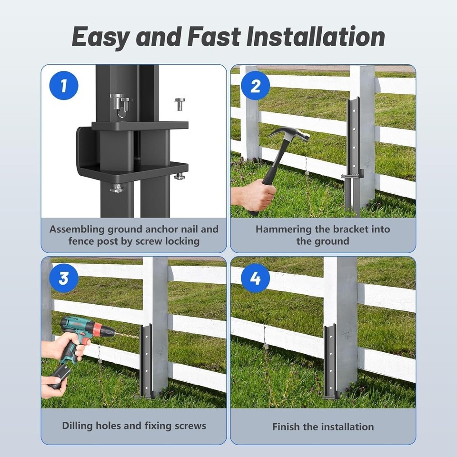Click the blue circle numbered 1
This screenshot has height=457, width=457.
point(64,86)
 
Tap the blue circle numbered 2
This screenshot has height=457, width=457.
point(255,86)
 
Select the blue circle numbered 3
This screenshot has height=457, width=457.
point(64,278)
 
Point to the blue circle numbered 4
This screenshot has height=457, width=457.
point(255,278)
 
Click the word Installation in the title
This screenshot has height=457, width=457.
point(316,37)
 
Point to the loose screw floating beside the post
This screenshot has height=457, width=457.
point(180,104)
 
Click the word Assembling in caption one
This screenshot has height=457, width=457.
point(77,229)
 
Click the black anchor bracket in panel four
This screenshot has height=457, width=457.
point(330,361)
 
